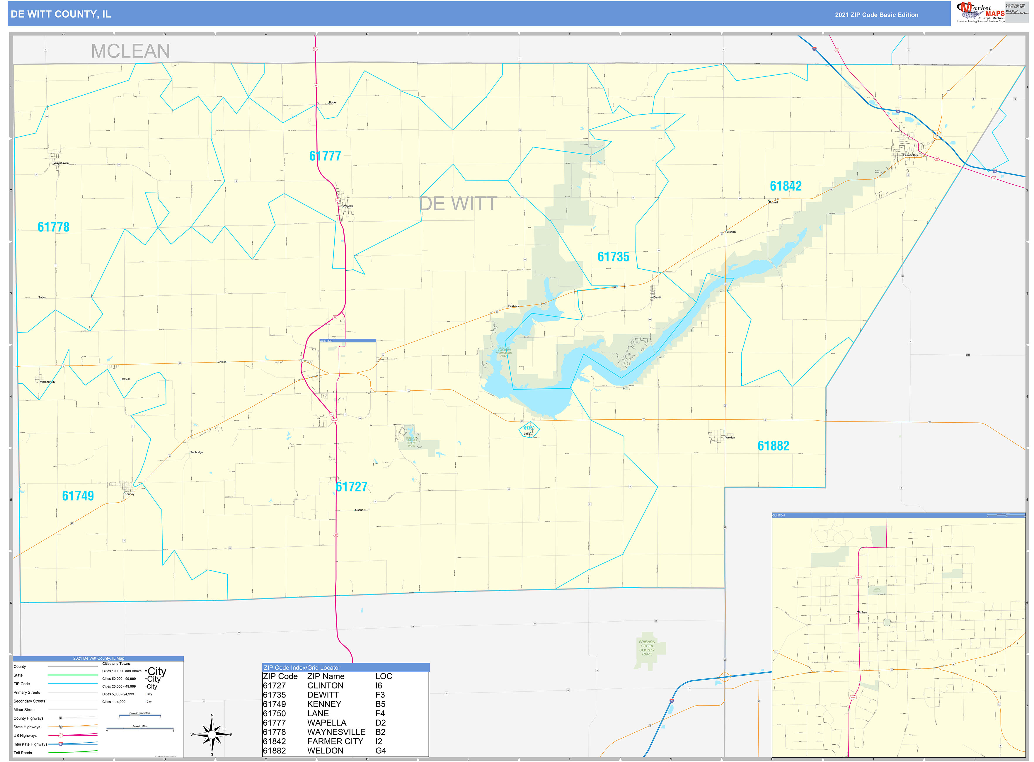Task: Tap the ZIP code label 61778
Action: point(54,227)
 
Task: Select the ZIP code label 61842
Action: point(786,186)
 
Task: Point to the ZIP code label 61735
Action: point(613,257)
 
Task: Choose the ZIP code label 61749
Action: point(78,496)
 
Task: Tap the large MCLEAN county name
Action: point(130,51)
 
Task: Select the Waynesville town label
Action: point(61,163)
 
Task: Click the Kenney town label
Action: point(129,494)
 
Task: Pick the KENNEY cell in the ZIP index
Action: point(324,704)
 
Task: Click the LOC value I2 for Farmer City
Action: point(379,741)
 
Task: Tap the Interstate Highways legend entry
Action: point(30,744)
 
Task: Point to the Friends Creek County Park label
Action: point(647,648)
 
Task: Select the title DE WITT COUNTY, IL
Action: point(61,14)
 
